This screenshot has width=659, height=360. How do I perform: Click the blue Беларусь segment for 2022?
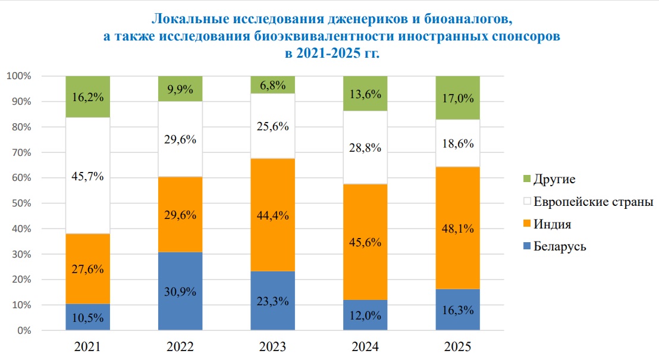point(180,291)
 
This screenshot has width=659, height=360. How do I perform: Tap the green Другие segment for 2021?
point(88,96)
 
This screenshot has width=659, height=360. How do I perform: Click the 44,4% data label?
point(273,216)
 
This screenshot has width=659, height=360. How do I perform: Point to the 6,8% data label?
point(273,85)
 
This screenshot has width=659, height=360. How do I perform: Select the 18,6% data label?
point(457,144)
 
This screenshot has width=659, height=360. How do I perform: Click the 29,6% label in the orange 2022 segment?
point(180,215)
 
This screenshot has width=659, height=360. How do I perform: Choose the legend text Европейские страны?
point(594,201)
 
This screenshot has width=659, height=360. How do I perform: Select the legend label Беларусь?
point(560,246)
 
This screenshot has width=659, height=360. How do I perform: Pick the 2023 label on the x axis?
point(273,346)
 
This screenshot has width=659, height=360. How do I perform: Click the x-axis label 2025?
point(457,346)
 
